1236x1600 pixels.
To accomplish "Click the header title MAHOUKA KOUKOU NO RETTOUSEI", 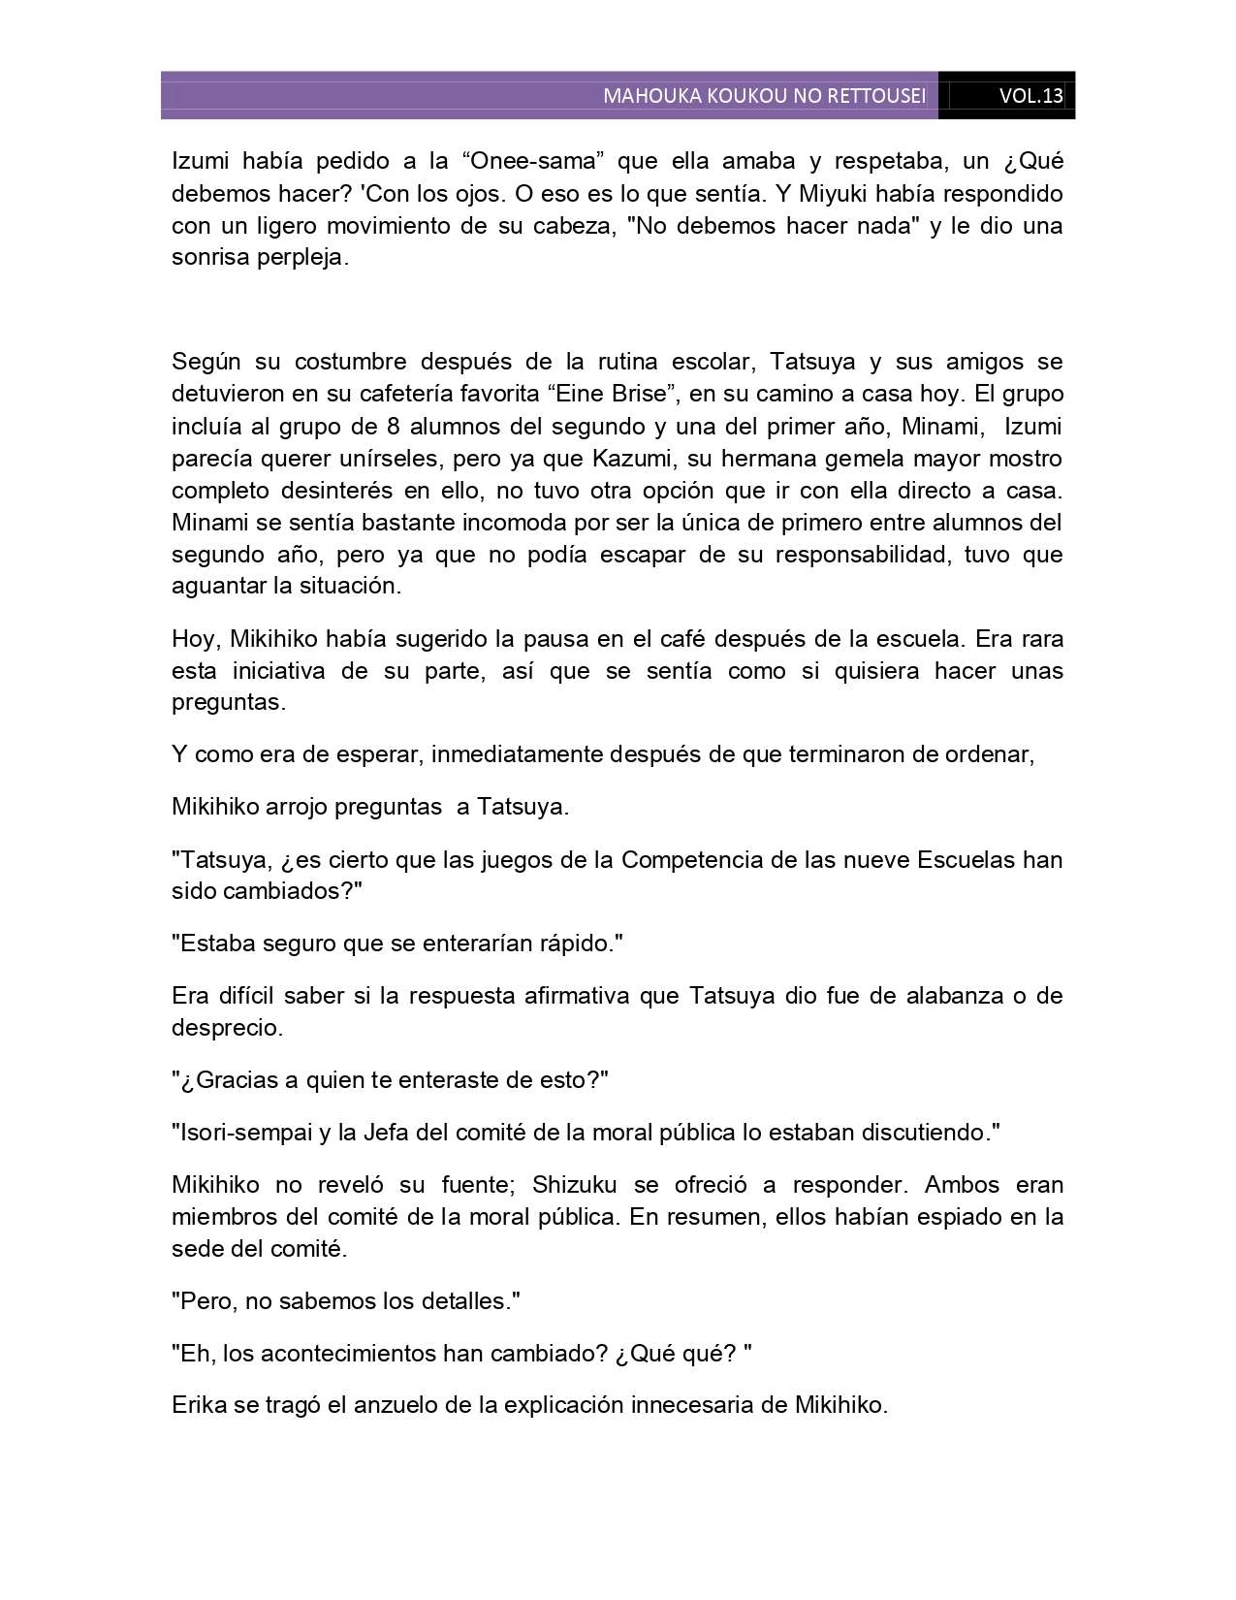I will tap(764, 96).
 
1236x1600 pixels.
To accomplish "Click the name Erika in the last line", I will tap(198, 1405).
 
